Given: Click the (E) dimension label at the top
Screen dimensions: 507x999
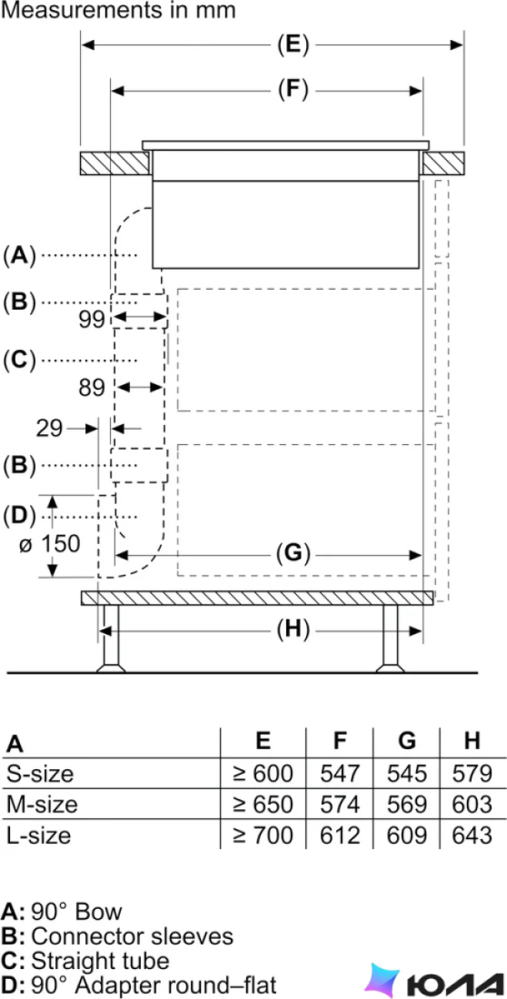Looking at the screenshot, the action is [293, 45].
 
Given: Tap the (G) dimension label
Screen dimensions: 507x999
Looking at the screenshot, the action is [292, 554].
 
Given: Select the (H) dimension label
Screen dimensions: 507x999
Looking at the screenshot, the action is [293, 630].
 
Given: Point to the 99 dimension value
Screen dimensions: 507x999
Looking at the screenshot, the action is [92, 319].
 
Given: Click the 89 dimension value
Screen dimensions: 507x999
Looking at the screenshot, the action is [92, 388].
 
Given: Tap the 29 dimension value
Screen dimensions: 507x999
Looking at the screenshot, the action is [50, 428].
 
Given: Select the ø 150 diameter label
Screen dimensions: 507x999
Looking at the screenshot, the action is [49, 544].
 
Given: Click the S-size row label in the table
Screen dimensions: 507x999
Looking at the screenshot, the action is [40, 774].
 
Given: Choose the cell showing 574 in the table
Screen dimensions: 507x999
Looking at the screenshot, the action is [340, 804].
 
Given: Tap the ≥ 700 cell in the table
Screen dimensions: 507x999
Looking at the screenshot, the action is [263, 835].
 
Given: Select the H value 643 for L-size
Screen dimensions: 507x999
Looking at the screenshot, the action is [472, 835].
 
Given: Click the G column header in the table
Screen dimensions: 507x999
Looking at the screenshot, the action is [407, 741].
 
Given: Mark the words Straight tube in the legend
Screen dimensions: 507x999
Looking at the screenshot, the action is [100, 960].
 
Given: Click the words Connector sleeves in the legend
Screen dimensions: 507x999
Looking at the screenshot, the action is [132, 936].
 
